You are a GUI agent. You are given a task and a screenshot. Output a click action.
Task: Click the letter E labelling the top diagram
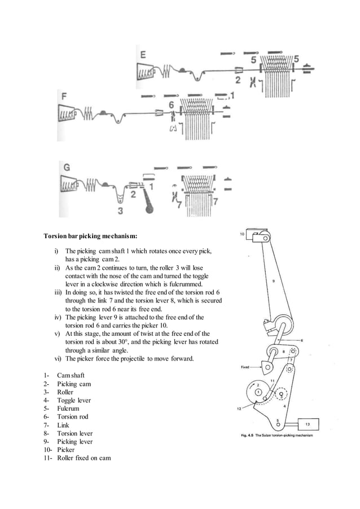(143, 55)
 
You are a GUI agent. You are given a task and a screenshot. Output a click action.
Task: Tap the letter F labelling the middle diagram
(64, 97)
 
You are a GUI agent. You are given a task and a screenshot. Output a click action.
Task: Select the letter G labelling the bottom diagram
(67, 168)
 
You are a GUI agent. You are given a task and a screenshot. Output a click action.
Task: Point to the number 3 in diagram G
(120, 211)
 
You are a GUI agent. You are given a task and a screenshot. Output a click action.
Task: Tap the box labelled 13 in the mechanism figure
(307, 423)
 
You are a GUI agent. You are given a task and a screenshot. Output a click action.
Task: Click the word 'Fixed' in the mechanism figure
(244, 367)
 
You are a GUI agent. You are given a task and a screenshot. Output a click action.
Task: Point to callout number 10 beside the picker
(242, 233)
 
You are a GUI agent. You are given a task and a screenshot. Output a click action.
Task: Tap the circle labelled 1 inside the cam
(258, 391)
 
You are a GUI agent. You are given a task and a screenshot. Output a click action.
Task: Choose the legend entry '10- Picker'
(59, 450)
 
